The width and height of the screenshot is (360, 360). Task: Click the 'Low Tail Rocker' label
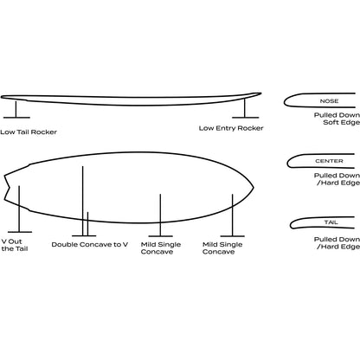(29, 132)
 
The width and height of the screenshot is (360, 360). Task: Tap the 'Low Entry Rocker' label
(231, 128)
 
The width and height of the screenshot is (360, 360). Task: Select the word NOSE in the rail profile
(329, 101)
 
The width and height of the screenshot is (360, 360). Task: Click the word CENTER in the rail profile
(329, 161)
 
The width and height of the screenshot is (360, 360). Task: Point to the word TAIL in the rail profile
(331, 222)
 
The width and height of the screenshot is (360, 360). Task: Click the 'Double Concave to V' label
(90, 245)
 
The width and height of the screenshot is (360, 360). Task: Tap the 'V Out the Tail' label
(15, 245)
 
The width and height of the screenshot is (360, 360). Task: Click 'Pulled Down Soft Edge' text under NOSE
(337, 119)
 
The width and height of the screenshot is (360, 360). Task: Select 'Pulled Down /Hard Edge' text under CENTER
(337, 179)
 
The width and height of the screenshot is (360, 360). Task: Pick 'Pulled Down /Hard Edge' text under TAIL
(337, 243)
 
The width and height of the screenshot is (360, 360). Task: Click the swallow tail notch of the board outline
(10, 188)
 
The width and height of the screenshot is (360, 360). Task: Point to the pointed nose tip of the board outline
(254, 188)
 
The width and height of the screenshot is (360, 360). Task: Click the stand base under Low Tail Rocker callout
(16, 118)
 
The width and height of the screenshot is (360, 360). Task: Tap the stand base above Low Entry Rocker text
(246, 118)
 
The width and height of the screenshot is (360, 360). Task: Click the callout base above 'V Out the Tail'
(20, 232)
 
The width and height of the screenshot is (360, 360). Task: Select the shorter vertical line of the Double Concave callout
(87, 224)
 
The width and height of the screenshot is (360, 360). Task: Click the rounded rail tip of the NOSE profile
(285, 101)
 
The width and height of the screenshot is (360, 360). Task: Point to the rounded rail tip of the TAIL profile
(291, 224)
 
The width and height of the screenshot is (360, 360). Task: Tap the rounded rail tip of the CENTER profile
(287, 163)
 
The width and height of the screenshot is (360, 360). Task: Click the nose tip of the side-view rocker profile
(260, 93)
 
